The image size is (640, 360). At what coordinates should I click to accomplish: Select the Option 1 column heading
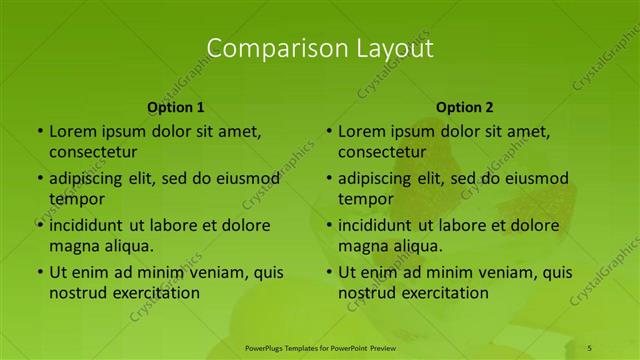pyautogui.click(x=176, y=107)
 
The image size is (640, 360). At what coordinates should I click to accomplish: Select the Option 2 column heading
pyautogui.click(x=465, y=107)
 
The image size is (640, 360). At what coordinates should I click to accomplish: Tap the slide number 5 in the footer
pyautogui.click(x=589, y=347)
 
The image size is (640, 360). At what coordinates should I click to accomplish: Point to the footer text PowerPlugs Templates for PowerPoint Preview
pyautogui.click(x=319, y=347)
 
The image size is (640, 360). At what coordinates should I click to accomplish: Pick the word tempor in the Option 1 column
pyautogui.click(x=76, y=199)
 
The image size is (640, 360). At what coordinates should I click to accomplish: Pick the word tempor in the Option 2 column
pyautogui.click(x=365, y=199)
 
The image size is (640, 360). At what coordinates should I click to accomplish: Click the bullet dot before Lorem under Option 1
pyautogui.click(x=39, y=131)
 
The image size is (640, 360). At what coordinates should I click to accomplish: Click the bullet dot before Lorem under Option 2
pyautogui.click(x=328, y=131)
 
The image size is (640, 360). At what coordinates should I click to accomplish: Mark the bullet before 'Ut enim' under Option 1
pyautogui.click(x=39, y=272)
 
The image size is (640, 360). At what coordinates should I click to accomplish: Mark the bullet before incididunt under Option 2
pyautogui.click(x=328, y=225)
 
